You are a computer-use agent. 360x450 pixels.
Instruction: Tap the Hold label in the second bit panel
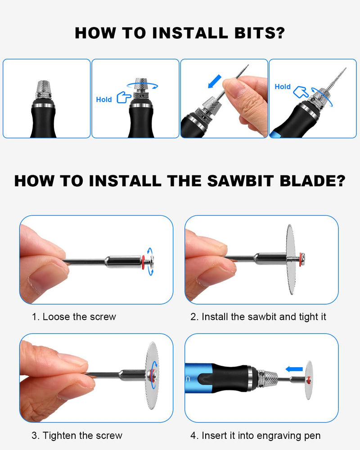[x=104, y=99]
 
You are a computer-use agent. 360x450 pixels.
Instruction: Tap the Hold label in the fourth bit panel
[x=283, y=87]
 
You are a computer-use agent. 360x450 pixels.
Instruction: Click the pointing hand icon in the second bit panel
[x=124, y=97]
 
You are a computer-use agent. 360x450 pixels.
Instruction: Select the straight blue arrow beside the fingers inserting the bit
[x=215, y=81]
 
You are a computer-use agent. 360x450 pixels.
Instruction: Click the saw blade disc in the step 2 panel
[x=291, y=260]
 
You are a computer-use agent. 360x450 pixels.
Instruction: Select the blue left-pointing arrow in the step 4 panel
[x=294, y=369]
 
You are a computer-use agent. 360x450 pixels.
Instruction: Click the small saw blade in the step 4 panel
[x=309, y=380]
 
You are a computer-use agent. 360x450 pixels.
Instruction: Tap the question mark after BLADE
[x=341, y=181]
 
